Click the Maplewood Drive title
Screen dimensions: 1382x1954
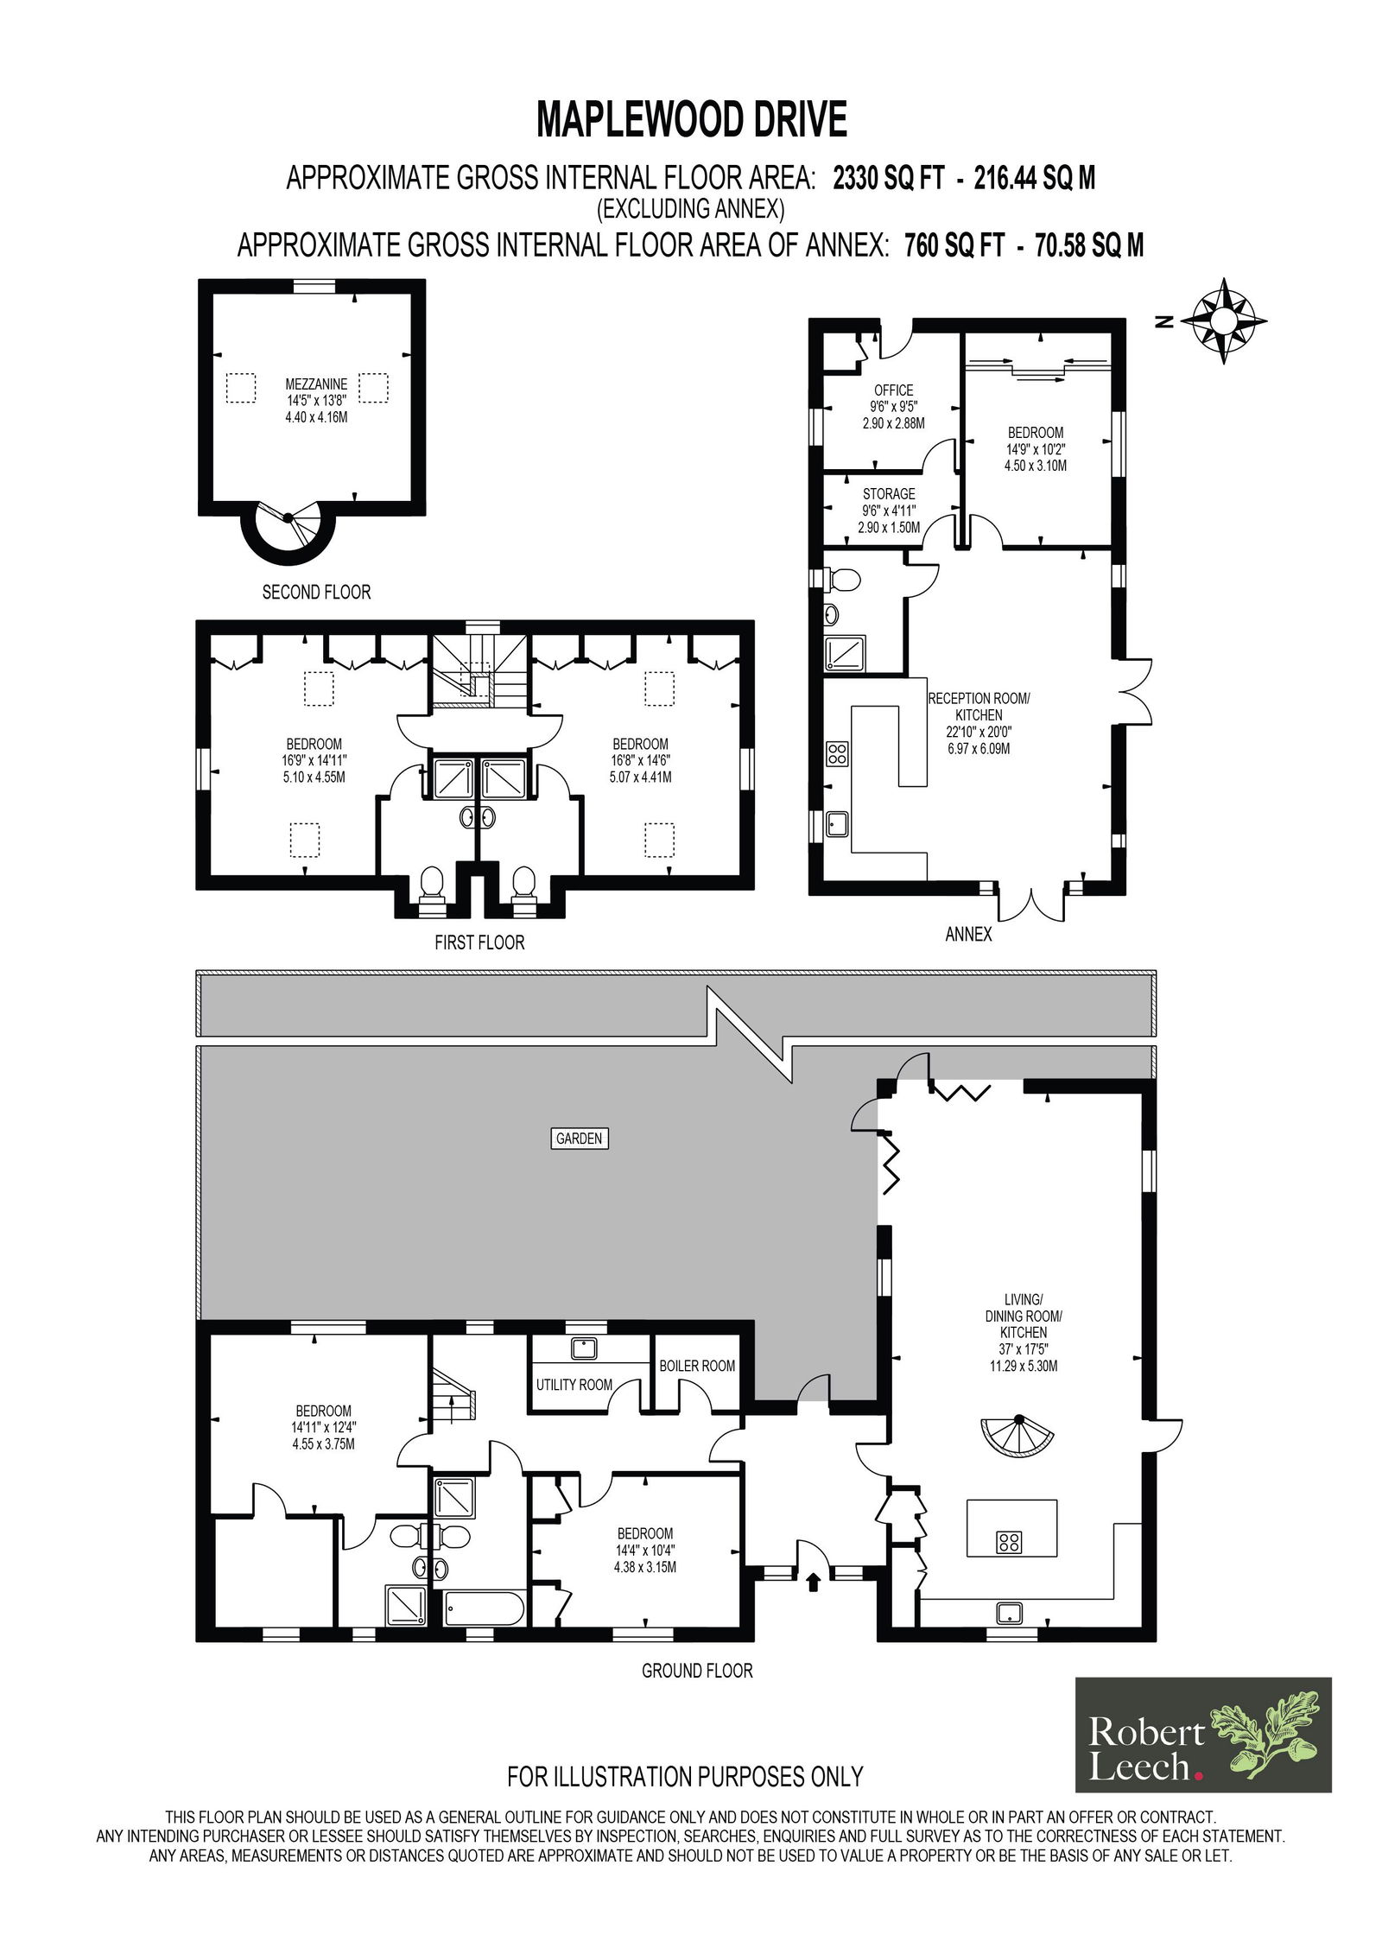point(692,120)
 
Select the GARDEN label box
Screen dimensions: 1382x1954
point(579,1139)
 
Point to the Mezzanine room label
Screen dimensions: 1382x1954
point(317,400)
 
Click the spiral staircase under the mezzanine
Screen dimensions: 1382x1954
point(287,531)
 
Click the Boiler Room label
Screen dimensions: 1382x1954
point(697,1366)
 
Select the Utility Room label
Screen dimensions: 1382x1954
point(574,1385)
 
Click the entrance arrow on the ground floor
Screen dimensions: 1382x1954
point(812,1581)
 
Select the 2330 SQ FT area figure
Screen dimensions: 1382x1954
point(889,178)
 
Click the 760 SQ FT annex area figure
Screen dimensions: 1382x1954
point(954,245)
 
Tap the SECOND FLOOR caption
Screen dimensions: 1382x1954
point(316,593)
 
